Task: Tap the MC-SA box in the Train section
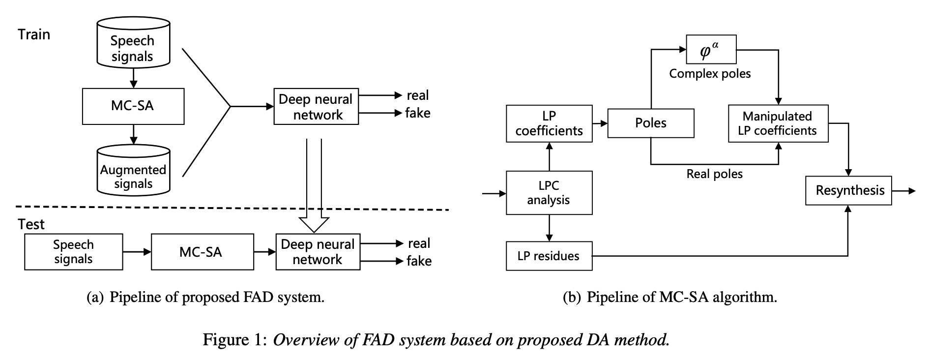tap(133, 106)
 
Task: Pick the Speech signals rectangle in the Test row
tap(74, 252)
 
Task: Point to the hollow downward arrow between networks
tap(314, 187)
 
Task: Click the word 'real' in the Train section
tap(418, 95)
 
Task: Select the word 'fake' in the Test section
tap(419, 261)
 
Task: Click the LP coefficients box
tap(549, 123)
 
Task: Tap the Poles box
tap(651, 123)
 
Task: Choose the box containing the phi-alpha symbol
tap(711, 49)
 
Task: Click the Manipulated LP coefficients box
tap(778, 123)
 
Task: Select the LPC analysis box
tap(549, 193)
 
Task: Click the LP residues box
tap(549, 256)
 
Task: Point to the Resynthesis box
tap(848, 191)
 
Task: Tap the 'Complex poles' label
tap(710, 74)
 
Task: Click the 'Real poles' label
tap(714, 174)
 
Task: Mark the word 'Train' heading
tap(34, 34)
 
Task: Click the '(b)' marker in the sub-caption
tap(571, 298)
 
